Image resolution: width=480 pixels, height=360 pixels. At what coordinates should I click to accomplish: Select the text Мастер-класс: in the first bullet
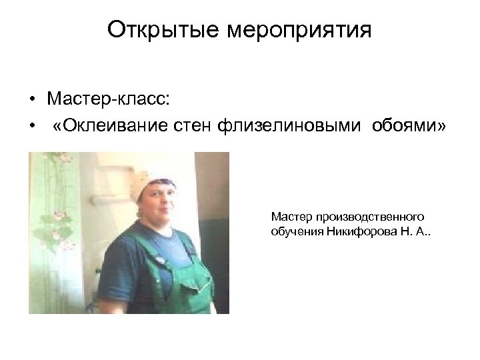pos(109,99)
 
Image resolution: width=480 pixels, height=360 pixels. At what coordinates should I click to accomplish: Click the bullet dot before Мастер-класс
pos(31,101)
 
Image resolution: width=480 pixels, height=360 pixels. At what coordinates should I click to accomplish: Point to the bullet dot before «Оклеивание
pos(31,127)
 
